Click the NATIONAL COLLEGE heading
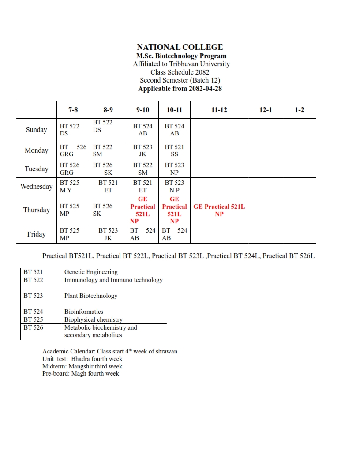[180, 47]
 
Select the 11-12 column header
[219, 110]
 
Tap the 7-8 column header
[73, 110]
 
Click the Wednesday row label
[36, 187]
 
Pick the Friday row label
[36, 234]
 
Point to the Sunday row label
[36, 130]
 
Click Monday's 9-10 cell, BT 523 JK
[142, 150]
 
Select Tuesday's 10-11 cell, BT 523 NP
[174, 169]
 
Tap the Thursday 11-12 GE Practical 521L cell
[219, 210]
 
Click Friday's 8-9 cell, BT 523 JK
[108, 234]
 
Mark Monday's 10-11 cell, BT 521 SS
[174, 150]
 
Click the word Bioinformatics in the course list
[84, 312]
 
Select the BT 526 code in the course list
[34, 327]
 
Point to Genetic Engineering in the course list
[91, 272]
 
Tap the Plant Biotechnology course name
[91, 296]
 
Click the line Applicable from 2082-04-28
[180, 88]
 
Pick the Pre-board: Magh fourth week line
[81, 373]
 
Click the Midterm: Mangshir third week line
[82, 366]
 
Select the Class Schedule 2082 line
[180, 72]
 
